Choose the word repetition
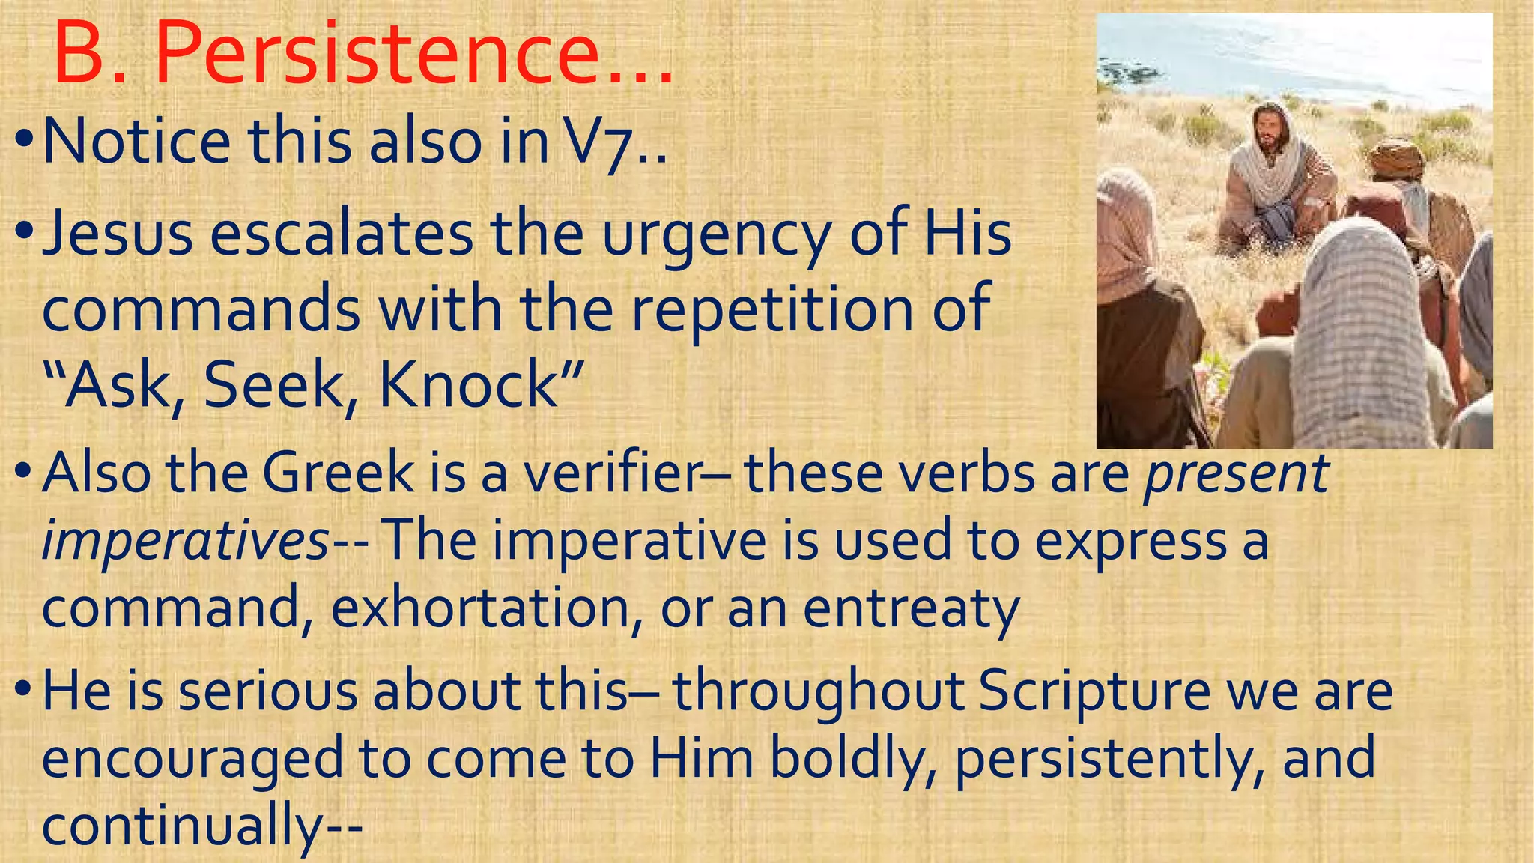click(771, 309)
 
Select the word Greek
click(337, 473)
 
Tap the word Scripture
click(1094, 691)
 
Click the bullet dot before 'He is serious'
click(23, 688)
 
